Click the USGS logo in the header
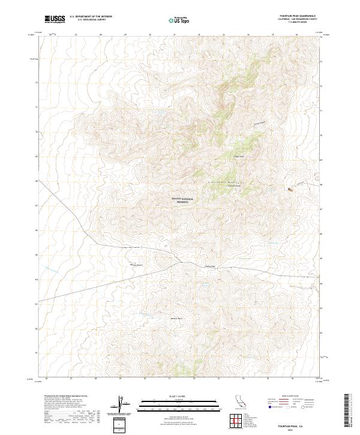tap(55, 19)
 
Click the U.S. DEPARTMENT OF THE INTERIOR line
tap(91, 17)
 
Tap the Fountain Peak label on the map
tap(233, 186)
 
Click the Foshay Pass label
tap(210, 266)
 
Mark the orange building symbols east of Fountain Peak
tap(290, 190)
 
